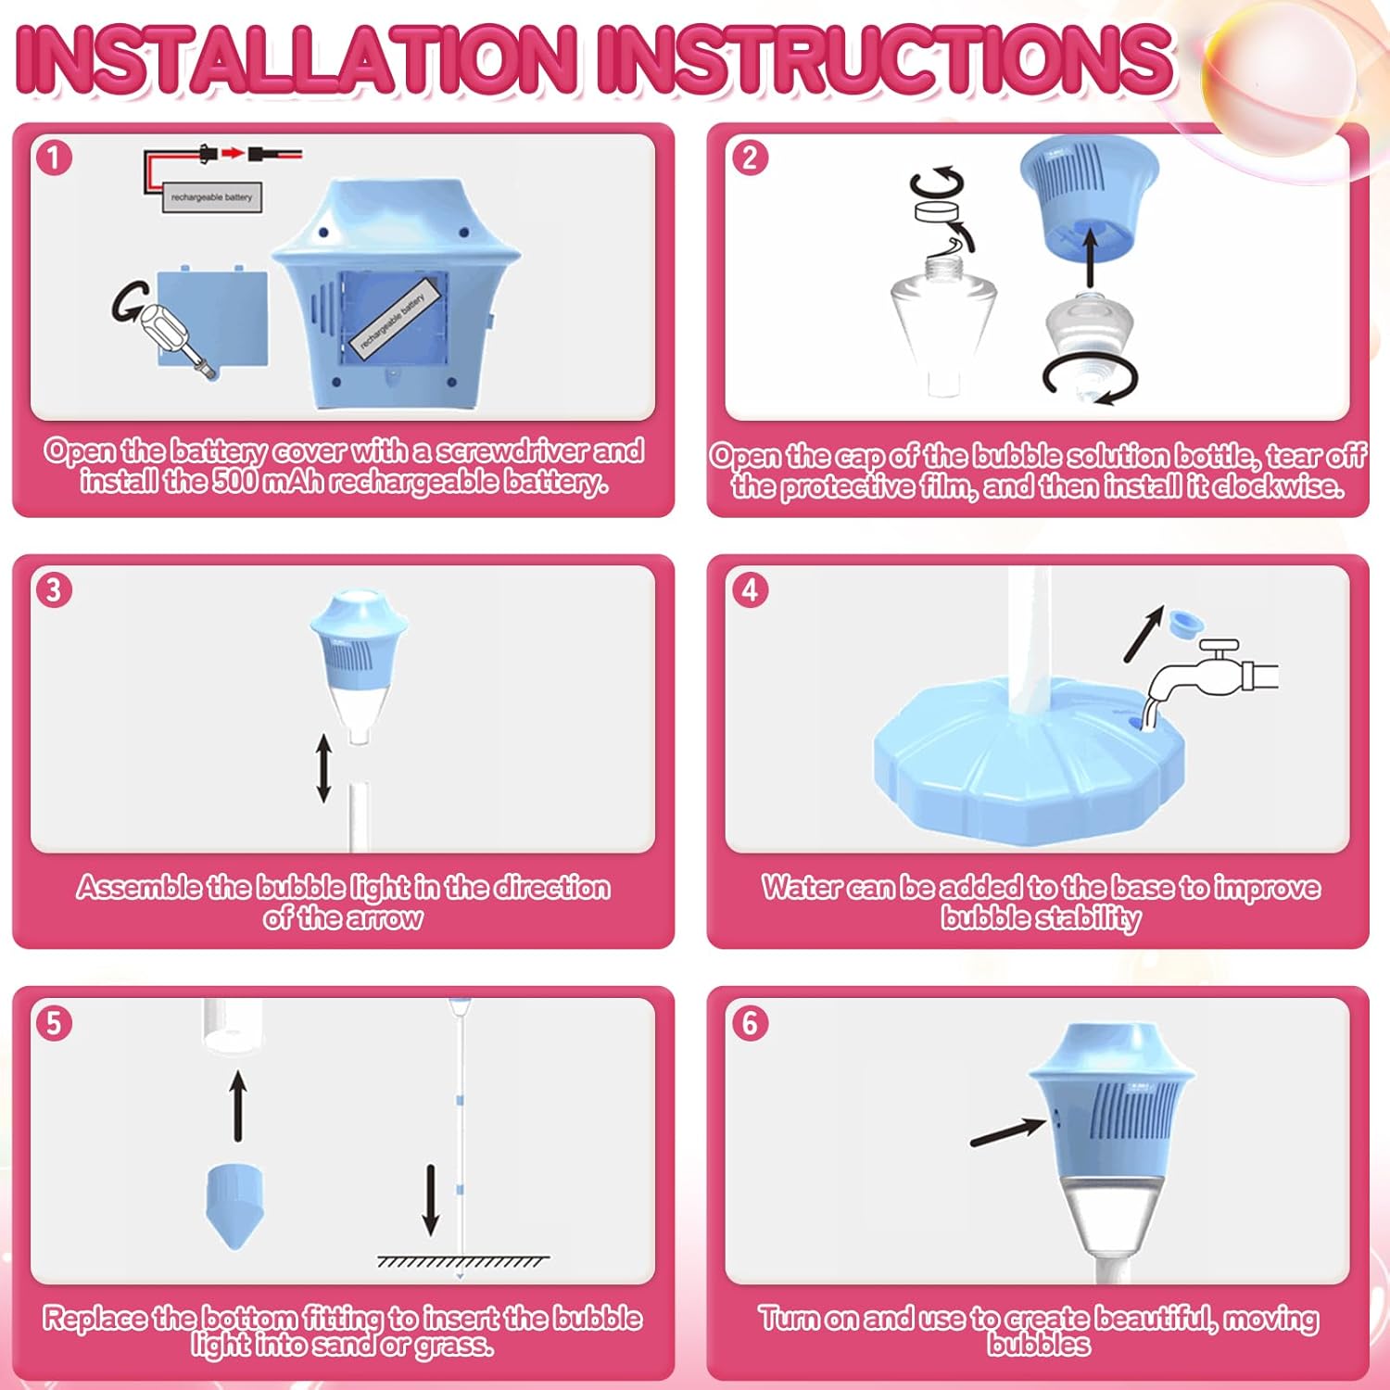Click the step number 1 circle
click(54, 157)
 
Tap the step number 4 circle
click(750, 589)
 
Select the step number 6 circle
click(750, 1023)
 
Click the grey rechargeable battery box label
click(211, 197)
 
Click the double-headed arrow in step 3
click(323, 768)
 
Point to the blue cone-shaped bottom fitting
click(234, 1206)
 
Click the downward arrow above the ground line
click(430, 1199)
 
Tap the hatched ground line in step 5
click(462, 1261)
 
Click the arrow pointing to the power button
click(1008, 1131)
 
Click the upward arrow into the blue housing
click(1091, 259)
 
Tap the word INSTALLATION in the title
click(298, 59)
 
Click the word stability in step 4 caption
click(1089, 917)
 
